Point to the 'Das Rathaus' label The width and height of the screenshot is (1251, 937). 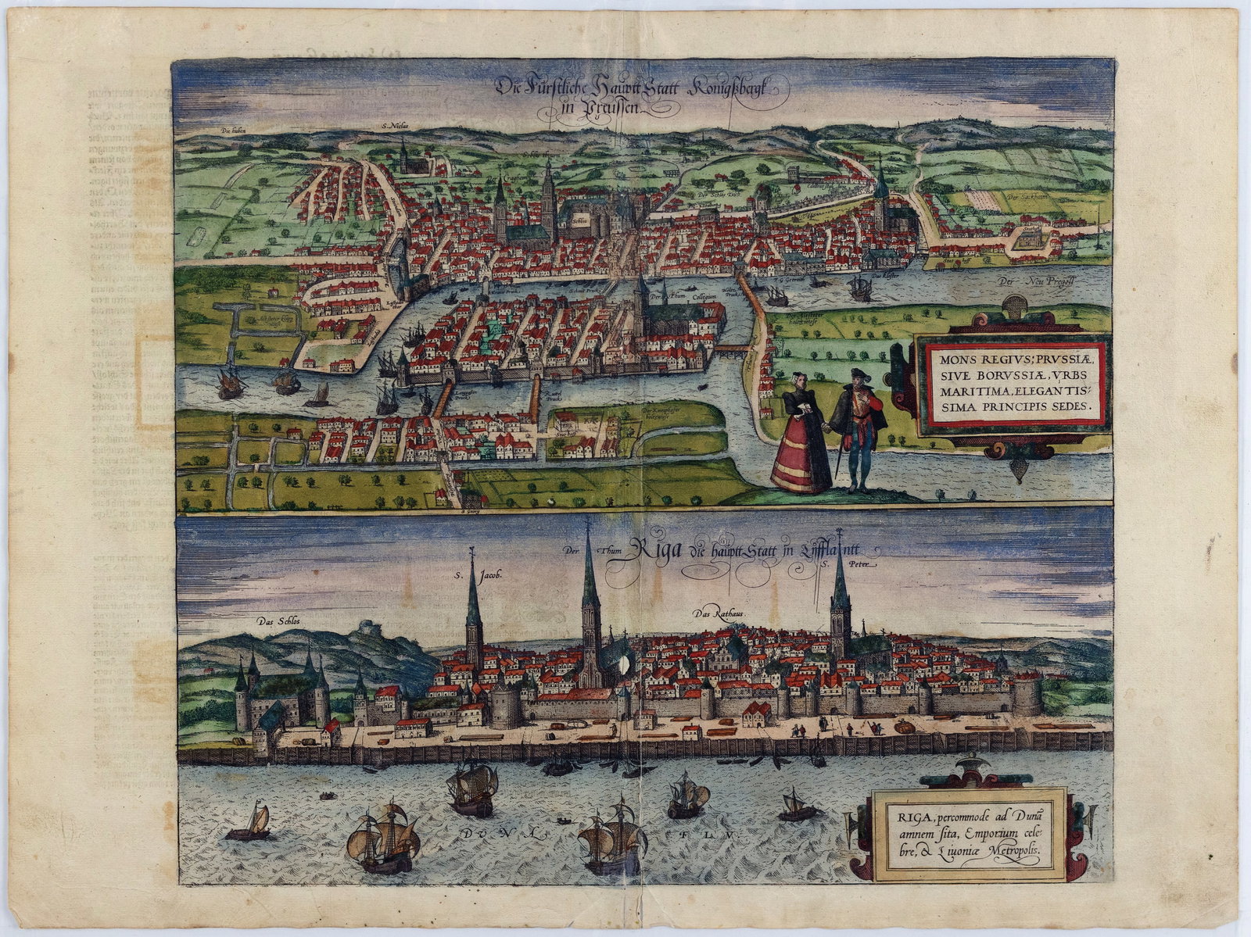point(715,613)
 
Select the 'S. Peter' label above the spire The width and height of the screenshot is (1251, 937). point(858,563)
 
